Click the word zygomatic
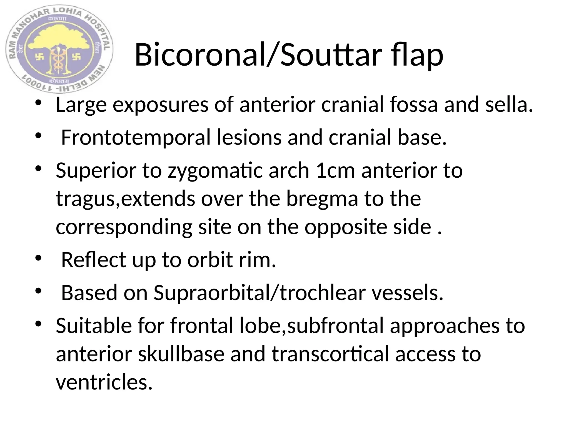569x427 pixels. point(215,170)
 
